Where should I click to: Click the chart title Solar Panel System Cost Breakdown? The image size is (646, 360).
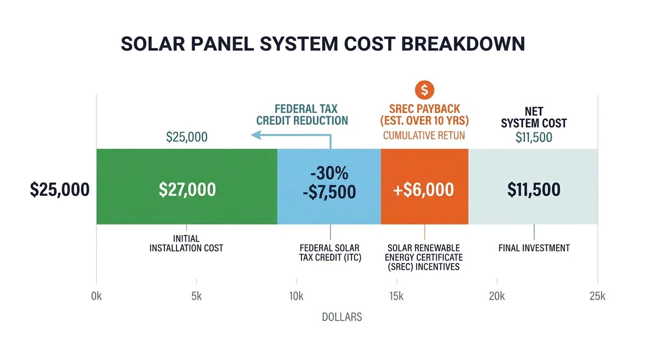(322, 44)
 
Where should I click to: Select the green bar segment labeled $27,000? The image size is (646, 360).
(187, 187)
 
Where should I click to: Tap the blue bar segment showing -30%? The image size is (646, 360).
(329, 187)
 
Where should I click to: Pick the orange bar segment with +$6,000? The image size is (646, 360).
(424, 187)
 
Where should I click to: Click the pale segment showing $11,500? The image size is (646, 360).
(533, 187)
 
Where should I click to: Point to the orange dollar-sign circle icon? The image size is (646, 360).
(424, 89)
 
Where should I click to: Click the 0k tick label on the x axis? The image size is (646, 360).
(97, 296)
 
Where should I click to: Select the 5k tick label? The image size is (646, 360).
(196, 296)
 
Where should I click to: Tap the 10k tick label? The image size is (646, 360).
(297, 296)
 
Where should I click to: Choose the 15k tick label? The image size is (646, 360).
(396, 296)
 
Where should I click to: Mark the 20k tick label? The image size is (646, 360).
(496, 296)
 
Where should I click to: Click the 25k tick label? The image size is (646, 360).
(597, 296)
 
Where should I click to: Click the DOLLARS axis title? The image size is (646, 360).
(342, 317)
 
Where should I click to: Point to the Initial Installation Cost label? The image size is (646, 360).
(186, 243)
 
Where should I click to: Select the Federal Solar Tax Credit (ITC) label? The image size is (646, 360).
(330, 253)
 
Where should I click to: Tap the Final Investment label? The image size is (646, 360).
(533, 248)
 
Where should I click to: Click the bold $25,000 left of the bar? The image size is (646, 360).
(60, 189)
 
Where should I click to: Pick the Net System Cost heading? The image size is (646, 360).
(533, 117)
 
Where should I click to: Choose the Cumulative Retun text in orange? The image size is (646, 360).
(424, 136)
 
